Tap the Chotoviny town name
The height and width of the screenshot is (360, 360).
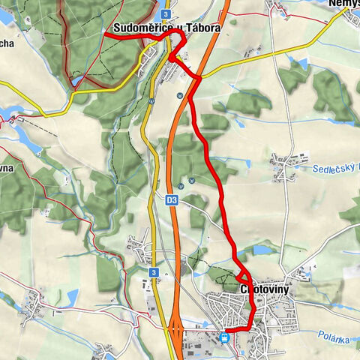point(266,288)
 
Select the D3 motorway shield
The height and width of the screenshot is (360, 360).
point(172,200)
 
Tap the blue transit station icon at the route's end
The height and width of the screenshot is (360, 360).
point(226,337)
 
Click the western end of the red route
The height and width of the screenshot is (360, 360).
point(106,35)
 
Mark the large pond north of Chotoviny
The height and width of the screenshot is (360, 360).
point(263,250)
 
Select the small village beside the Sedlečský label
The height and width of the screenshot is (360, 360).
point(285,166)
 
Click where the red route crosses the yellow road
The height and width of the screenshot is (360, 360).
point(199,76)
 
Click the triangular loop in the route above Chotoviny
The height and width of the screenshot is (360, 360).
point(244,276)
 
